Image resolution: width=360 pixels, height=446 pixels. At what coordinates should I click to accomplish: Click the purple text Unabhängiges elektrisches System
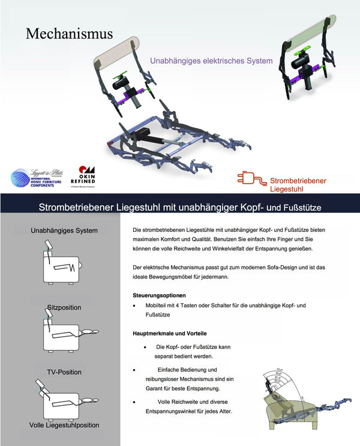211,61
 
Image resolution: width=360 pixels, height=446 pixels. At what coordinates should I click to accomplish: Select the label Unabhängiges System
64,231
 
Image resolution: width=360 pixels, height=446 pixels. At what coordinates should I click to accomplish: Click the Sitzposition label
64,307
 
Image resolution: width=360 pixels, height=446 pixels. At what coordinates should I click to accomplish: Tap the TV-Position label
64,372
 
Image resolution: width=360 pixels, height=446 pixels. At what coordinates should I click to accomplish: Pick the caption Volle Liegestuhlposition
64,425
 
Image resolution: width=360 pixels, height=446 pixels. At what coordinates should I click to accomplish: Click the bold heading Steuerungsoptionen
159,295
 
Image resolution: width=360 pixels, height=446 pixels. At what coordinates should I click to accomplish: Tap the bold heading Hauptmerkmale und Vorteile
170,333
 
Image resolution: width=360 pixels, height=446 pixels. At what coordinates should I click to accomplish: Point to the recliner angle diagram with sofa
300,400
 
